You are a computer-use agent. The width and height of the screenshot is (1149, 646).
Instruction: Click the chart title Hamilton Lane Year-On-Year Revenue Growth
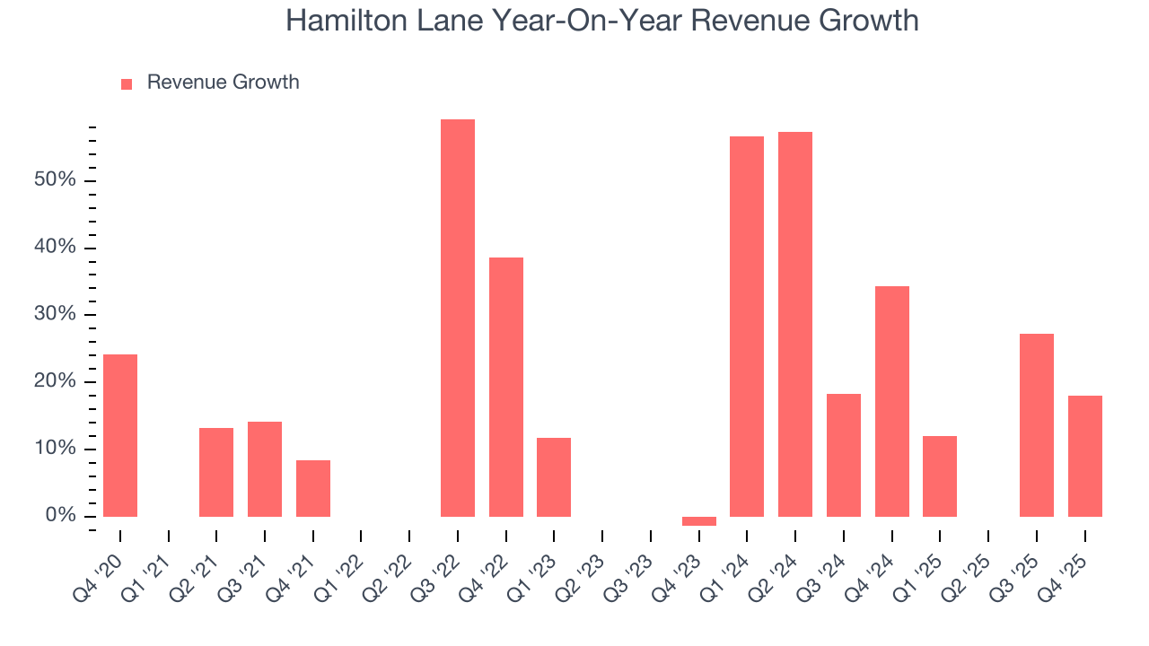(x=601, y=20)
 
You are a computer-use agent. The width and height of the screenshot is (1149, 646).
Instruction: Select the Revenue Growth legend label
(x=223, y=83)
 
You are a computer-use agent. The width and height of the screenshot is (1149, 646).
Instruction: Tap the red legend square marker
(x=127, y=83)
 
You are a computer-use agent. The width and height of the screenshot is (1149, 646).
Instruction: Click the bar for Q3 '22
(x=457, y=318)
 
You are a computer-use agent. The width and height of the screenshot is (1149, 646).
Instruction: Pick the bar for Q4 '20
(x=120, y=435)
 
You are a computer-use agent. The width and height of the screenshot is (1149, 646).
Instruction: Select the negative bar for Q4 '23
(x=698, y=521)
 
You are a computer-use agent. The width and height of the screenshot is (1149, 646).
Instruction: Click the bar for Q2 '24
(x=794, y=324)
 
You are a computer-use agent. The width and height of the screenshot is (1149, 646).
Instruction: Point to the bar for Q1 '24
(x=746, y=327)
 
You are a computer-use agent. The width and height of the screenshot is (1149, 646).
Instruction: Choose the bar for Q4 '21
(x=313, y=488)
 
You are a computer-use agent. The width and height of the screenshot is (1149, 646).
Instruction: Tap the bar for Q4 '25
(x=1084, y=456)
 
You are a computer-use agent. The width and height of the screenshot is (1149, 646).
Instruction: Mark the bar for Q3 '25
(x=1036, y=425)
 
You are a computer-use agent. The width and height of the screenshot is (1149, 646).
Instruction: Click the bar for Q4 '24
(x=891, y=401)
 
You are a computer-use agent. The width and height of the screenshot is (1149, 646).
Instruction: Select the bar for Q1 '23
(x=554, y=477)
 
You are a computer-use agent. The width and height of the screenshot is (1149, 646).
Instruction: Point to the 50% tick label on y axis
(x=56, y=180)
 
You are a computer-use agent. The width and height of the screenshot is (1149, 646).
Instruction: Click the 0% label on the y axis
(x=61, y=516)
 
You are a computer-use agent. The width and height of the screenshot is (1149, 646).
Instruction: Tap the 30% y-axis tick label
(x=56, y=315)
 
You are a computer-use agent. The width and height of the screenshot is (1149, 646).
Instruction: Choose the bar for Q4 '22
(x=505, y=387)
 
